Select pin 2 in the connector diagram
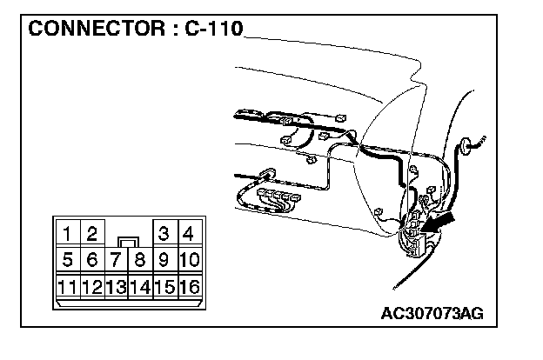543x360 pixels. pyautogui.click(x=91, y=233)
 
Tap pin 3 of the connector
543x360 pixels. pyautogui.click(x=164, y=233)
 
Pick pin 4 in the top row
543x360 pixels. pyautogui.click(x=189, y=233)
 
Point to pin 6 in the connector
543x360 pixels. pyautogui.click(x=91, y=259)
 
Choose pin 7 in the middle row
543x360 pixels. pyautogui.click(x=116, y=259)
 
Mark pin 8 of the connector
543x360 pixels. pyautogui.click(x=139, y=259)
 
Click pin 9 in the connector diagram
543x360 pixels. pyautogui.click(x=164, y=259)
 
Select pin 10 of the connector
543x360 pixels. pyautogui.click(x=189, y=259)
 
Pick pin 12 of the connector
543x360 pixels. pyautogui.click(x=91, y=286)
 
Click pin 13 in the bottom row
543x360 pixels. pyautogui.click(x=116, y=286)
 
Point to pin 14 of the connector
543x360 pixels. pyautogui.click(x=139, y=286)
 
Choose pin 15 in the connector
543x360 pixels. pyautogui.click(x=164, y=286)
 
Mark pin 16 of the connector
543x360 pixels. pyautogui.click(x=189, y=286)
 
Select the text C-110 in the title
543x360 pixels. pyautogui.click(x=213, y=28)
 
